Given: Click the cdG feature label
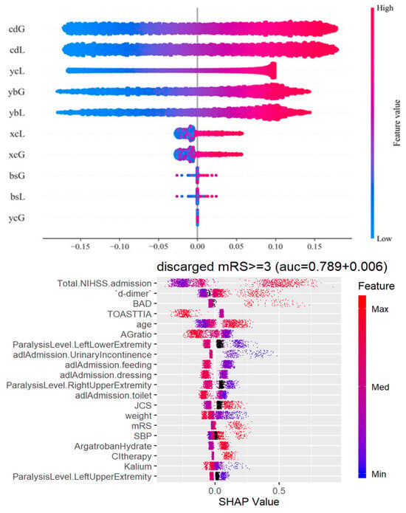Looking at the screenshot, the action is click(x=17, y=29).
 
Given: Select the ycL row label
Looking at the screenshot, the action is click(x=17, y=71).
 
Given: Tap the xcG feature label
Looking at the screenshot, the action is click(x=17, y=155).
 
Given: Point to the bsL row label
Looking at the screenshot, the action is click(x=18, y=196).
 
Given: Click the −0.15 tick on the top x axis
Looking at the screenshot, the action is click(x=80, y=247).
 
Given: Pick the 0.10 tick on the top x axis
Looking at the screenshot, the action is click(x=275, y=247).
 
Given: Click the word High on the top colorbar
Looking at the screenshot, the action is click(x=385, y=8).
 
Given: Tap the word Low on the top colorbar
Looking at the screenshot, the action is click(x=384, y=238).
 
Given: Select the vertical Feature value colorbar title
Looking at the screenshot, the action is click(x=396, y=123).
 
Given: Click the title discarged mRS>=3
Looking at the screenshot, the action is click(x=214, y=266).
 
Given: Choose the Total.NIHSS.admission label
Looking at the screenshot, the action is click(x=104, y=283).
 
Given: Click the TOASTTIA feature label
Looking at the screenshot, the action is click(x=130, y=314).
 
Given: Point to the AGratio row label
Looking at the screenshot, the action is click(x=136, y=334).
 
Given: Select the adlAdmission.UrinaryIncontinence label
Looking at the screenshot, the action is click(x=82, y=355).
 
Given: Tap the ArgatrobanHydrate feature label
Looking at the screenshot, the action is click(x=113, y=447).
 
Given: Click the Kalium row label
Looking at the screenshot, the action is click(x=138, y=466).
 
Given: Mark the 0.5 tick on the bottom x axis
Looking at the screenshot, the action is click(x=278, y=491).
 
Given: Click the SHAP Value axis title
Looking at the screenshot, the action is click(x=249, y=502).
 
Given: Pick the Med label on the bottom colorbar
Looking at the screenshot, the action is click(x=380, y=387).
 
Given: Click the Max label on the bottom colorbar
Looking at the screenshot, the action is click(x=380, y=309).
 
